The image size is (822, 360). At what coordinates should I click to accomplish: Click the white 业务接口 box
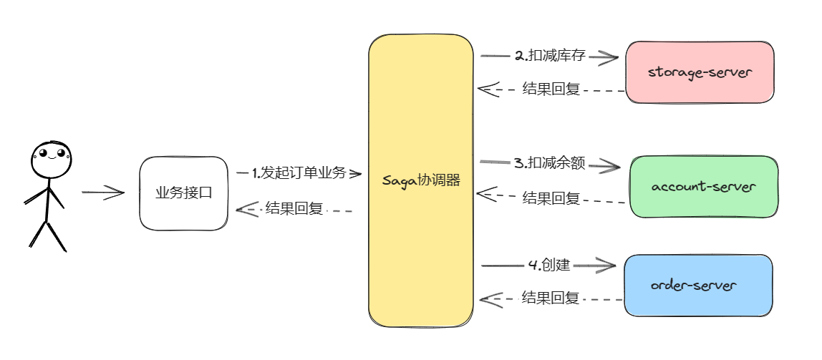(x=184, y=193)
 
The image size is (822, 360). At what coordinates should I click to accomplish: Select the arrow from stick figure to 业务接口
(x=103, y=192)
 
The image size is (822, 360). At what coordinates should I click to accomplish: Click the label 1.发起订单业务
(x=299, y=172)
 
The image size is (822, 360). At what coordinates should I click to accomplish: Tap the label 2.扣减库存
(x=545, y=56)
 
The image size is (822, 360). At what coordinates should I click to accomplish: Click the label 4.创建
(x=548, y=265)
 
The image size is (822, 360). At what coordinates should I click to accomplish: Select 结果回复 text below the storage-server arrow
(x=551, y=89)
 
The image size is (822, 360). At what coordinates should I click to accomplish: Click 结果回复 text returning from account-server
(x=551, y=198)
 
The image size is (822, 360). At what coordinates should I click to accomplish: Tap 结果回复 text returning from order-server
(x=551, y=298)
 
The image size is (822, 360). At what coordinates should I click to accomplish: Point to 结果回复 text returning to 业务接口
(x=294, y=208)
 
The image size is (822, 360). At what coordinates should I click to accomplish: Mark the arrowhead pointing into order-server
(x=606, y=266)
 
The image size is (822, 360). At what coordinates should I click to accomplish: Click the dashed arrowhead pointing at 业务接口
(x=246, y=209)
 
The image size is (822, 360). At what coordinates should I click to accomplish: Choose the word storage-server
(x=700, y=72)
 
